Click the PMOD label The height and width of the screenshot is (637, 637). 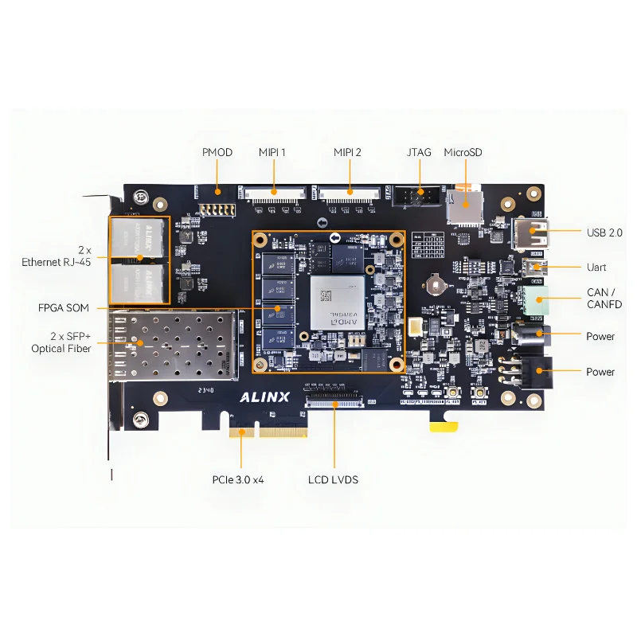217,152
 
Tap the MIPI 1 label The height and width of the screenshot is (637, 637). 272,152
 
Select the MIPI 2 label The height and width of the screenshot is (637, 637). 347,152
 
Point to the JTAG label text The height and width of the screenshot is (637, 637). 418,152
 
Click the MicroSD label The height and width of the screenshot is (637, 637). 463,152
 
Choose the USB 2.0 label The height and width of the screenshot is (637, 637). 604,233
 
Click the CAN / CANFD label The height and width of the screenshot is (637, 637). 604,299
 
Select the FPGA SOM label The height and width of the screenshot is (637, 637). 64,308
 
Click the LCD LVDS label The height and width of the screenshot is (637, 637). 333,479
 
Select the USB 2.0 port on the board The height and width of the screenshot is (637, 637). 531,233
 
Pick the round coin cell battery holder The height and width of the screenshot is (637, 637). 434,283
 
